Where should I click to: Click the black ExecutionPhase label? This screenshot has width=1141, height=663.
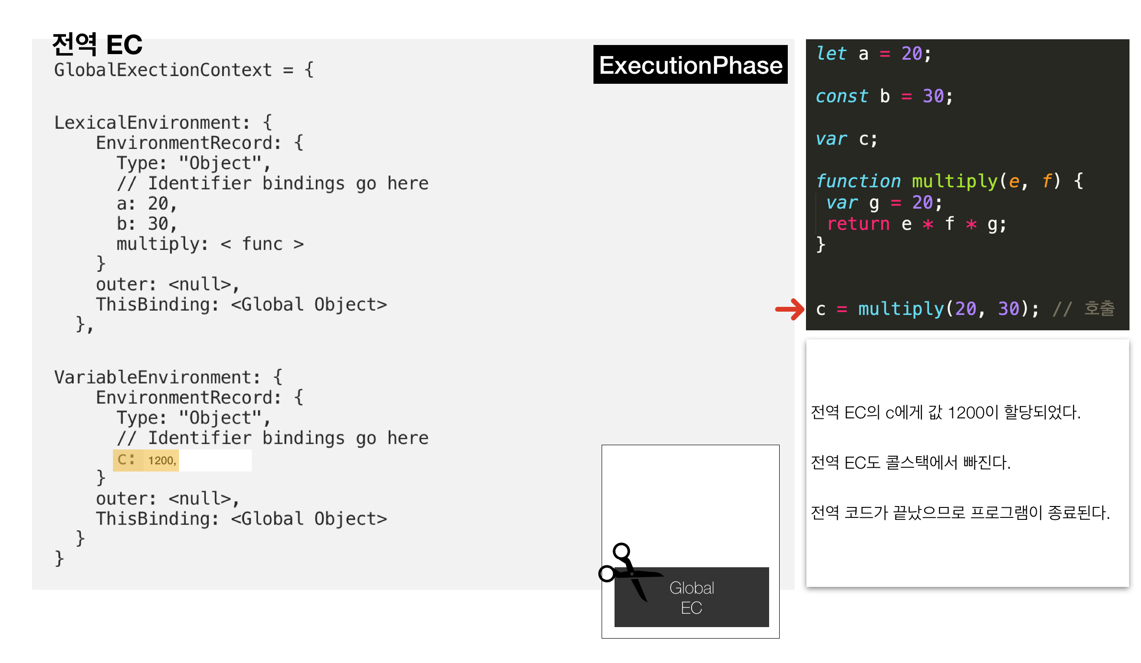(x=690, y=65)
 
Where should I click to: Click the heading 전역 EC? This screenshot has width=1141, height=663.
(x=97, y=45)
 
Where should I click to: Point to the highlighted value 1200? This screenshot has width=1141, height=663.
(x=162, y=461)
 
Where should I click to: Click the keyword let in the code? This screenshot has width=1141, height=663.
(x=831, y=54)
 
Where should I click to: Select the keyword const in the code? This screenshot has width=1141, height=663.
(x=841, y=96)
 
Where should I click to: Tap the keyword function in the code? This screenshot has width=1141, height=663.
(x=858, y=181)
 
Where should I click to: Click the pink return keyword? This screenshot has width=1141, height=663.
(x=858, y=224)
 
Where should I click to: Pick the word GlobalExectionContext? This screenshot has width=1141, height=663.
(x=163, y=70)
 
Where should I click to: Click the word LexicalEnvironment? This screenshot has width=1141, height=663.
(x=151, y=123)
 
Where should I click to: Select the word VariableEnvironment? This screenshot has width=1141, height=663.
(x=157, y=377)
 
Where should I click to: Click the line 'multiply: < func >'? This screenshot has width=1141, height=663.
(x=210, y=244)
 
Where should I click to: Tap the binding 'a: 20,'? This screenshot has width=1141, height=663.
(x=146, y=204)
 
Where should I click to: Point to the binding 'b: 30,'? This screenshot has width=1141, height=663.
(x=146, y=224)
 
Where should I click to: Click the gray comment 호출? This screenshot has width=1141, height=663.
(x=1099, y=309)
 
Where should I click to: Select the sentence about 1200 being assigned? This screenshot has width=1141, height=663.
(x=946, y=413)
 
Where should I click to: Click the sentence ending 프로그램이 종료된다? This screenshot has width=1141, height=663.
(x=960, y=513)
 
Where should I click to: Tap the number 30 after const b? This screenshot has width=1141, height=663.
(x=933, y=96)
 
